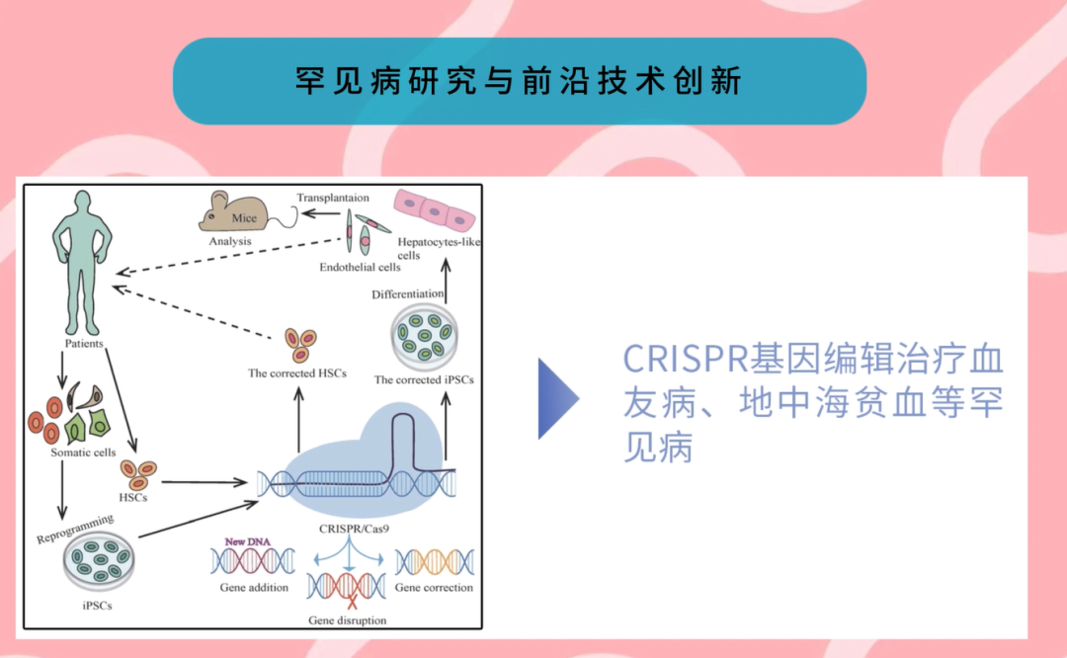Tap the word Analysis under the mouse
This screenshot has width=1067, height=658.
[230, 241]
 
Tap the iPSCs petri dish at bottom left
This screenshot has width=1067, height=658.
[97, 562]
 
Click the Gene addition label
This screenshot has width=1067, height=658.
[254, 588]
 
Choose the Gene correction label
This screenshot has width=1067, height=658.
[434, 588]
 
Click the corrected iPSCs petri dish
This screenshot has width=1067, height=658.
[424, 336]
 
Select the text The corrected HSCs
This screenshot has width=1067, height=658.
[297, 374]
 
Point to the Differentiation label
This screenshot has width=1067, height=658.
[408, 294]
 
